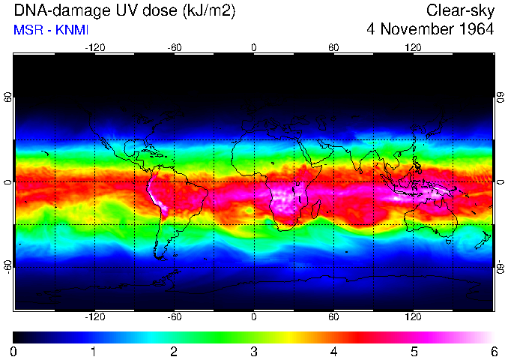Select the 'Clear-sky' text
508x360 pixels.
[460, 10]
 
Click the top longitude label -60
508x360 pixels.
[175, 47]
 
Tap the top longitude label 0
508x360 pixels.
[254, 47]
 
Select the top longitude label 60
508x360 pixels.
[333, 47]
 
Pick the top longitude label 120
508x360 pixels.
[413, 47]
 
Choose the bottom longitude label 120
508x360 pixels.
[413, 317]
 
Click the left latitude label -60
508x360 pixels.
[8, 267]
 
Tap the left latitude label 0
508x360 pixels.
[8, 182]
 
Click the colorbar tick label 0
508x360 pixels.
[14, 351]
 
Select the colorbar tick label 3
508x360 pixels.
[253, 351]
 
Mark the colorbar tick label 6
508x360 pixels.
[493, 351]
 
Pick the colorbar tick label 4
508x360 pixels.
[333, 351]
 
